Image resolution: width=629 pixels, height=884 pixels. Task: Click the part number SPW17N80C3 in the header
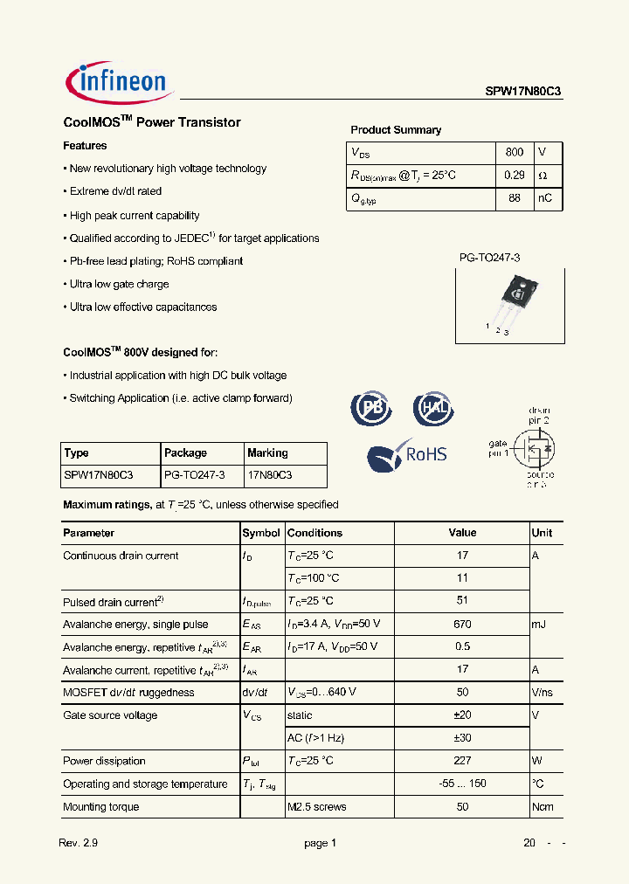pyautogui.click(x=523, y=90)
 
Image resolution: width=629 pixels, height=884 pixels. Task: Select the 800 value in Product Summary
pyautogui.click(x=515, y=152)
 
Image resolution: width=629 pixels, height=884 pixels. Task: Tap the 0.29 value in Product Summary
pyautogui.click(x=515, y=175)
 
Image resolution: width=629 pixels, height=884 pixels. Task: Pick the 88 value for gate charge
pyautogui.click(x=515, y=198)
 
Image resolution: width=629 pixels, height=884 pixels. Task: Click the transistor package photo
pyautogui.click(x=513, y=302)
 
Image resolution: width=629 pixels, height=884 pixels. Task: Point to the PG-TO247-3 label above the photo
pyautogui.click(x=489, y=258)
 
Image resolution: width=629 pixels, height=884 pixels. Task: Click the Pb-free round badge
pyautogui.click(x=371, y=408)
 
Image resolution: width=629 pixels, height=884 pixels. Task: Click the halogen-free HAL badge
pyautogui.click(x=433, y=408)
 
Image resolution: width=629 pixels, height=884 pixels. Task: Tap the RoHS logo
pyautogui.click(x=407, y=454)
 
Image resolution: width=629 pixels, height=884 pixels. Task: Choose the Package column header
pyautogui.click(x=185, y=452)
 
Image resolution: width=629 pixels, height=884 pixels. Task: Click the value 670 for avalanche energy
pyautogui.click(x=462, y=624)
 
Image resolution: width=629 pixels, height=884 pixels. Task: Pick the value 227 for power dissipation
pyautogui.click(x=462, y=761)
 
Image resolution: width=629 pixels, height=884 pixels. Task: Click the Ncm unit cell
pyautogui.click(x=543, y=806)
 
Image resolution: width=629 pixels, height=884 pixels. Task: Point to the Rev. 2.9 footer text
pyautogui.click(x=78, y=843)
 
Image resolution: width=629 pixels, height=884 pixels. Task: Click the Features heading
pyautogui.click(x=85, y=146)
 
